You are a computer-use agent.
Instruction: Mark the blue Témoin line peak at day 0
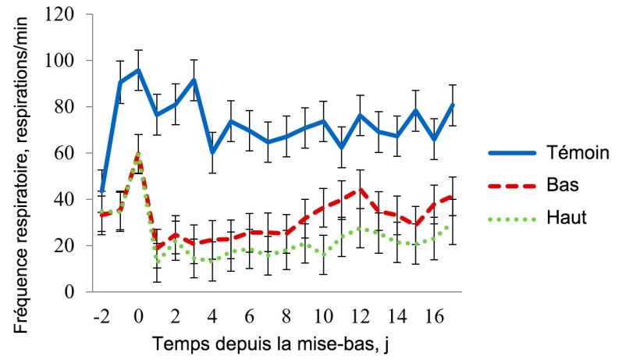[x=138, y=70]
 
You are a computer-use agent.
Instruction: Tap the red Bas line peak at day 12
[x=361, y=190]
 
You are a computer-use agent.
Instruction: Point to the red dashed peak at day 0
[x=138, y=154]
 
